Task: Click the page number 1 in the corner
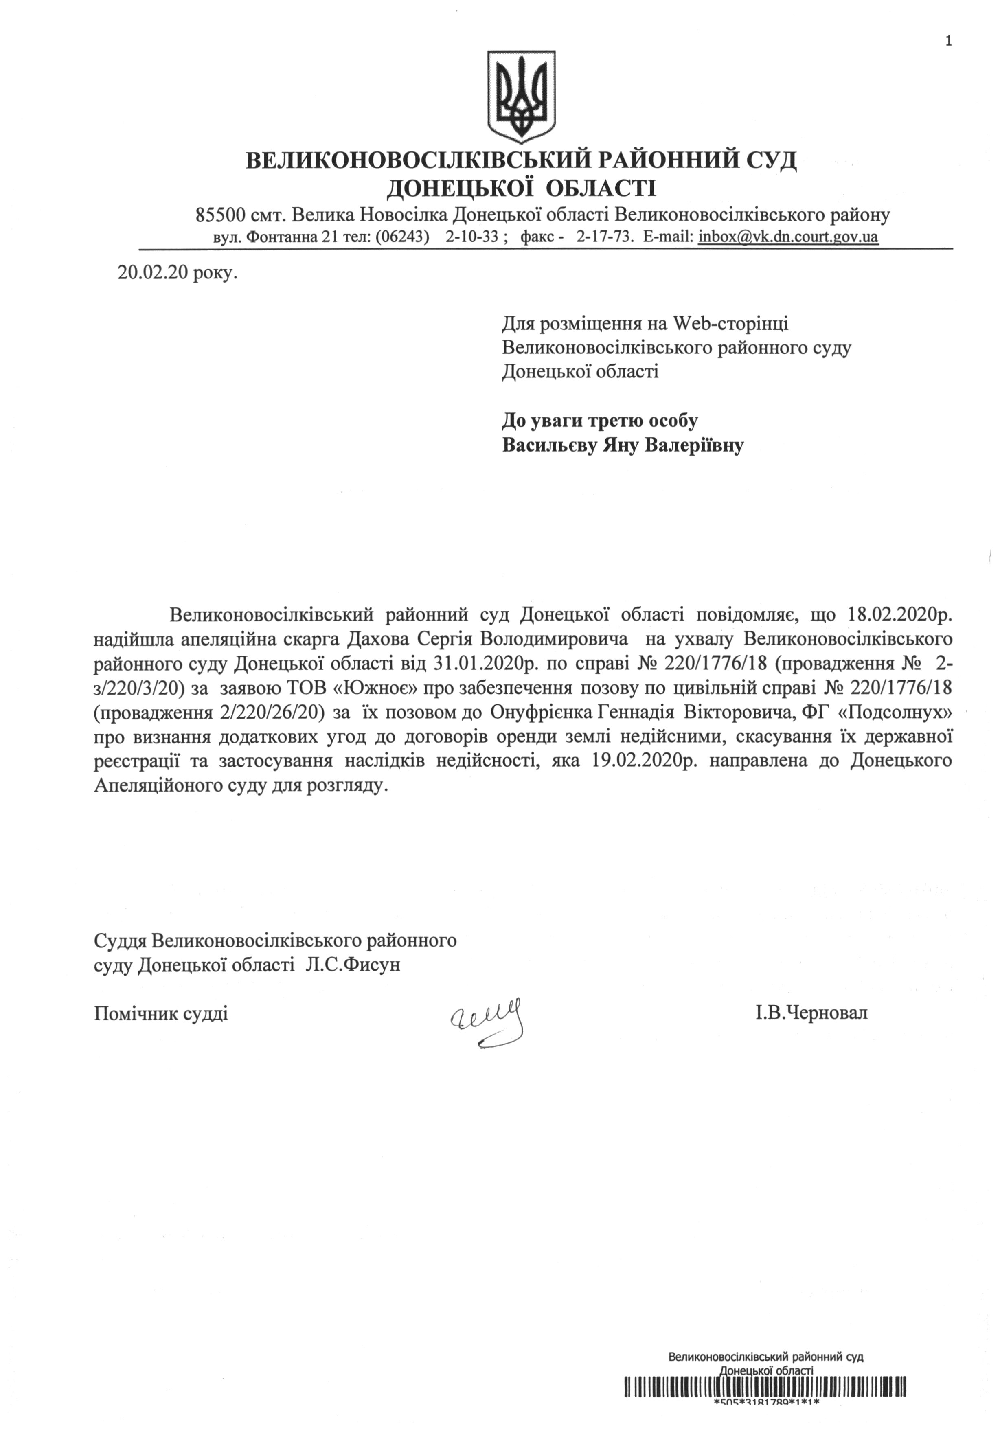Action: coord(949,25)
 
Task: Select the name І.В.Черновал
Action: coord(811,1013)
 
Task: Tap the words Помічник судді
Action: coord(160,1013)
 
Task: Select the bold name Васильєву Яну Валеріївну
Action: coord(623,446)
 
